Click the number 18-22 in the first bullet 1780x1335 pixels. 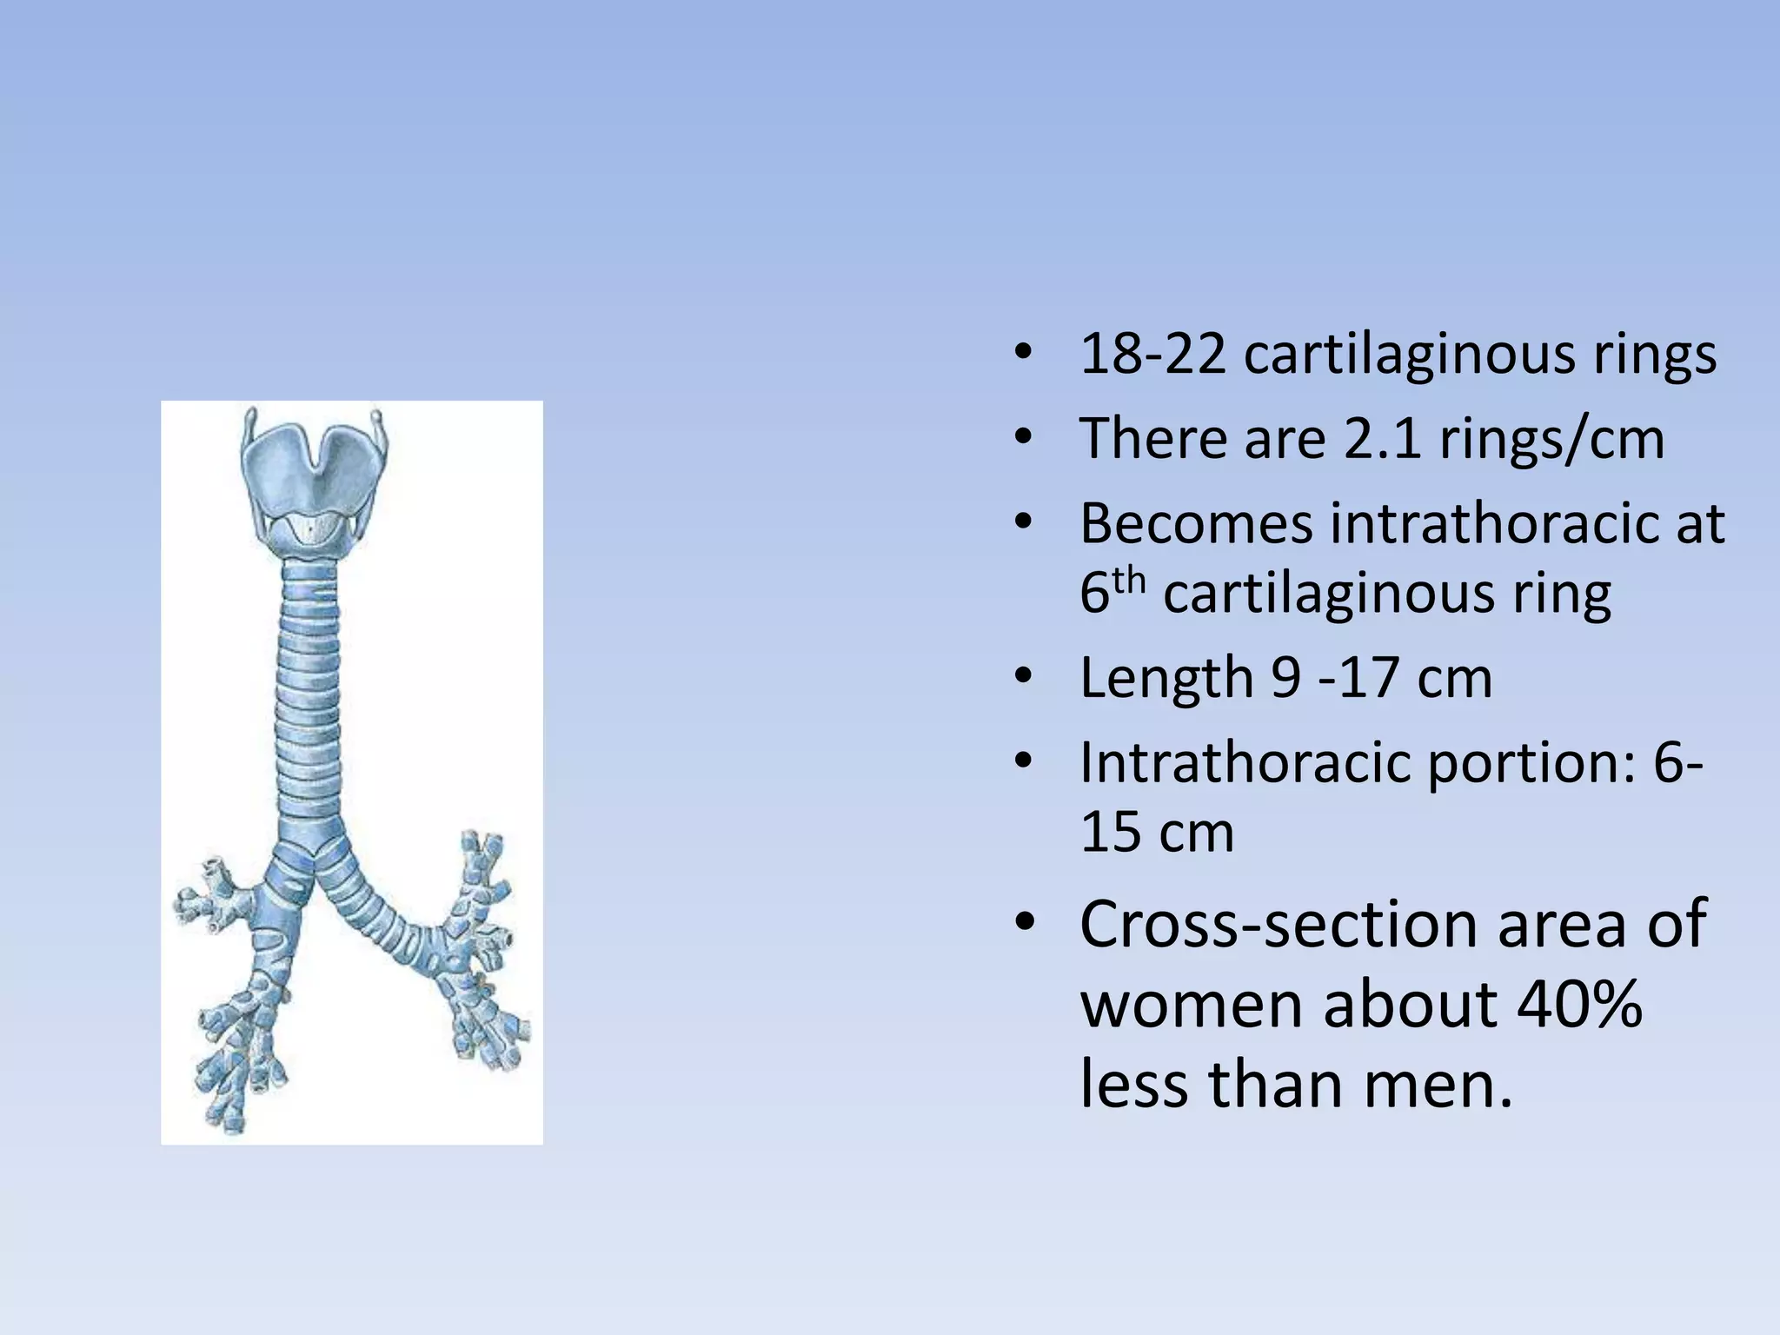click(x=1152, y=355)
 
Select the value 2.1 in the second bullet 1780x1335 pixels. click(x=1383, y=438)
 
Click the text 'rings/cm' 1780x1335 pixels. click(x=1552, y=438)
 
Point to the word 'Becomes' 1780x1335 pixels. click(x=1196, y=523)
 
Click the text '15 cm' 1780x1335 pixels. click(x=1157, y=832)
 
